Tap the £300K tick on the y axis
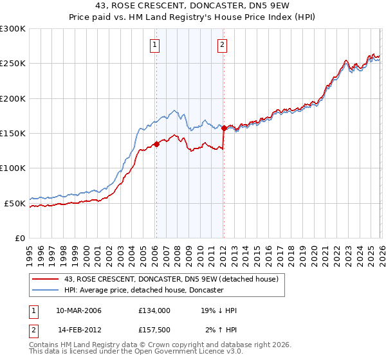pyautogui.click(x=13, y=29)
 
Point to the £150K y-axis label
pyautogui.click(x=13, y=134)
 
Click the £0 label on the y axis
pyautogui.click(x=20, y=238)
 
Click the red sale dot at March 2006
pyautogui.click(x=156, y=145)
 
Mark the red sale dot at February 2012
pyautogui.click(x=224, y=128)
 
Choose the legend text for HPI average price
pyautogui.click(x=143, y=290)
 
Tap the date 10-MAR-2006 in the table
pyautogui.click(x=78, y=310)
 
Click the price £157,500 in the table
pyautogui.click(x=154, y=330)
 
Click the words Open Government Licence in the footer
pyautogui.click(x=193, y=352)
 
